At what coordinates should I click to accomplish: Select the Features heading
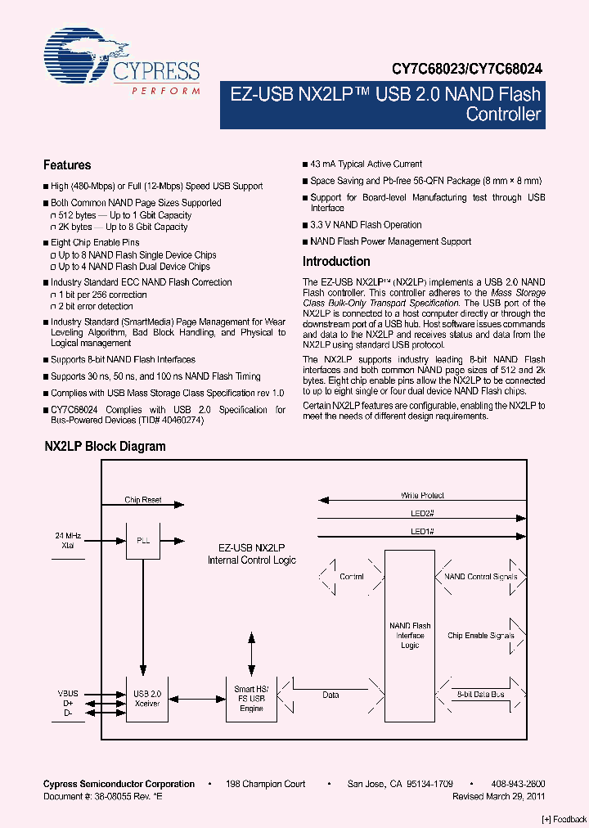click(x=67, y=165)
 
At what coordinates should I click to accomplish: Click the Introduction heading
click(x=336, y=262)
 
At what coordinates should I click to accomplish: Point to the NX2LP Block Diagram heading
click(x=105, y=447)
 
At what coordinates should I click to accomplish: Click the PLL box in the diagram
click(x=143, y=542)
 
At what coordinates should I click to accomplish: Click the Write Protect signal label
click(x=422, y=496)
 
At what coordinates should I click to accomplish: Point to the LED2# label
click(x=422, y=514)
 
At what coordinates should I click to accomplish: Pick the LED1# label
click(x=422, y=532)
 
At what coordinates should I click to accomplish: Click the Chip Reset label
click(x=143, y=500)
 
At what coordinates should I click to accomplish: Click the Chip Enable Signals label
click(x=481, y=636)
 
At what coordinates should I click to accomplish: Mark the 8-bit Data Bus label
click(x=480, y=694)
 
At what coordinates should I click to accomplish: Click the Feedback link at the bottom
click(x=564, y=819)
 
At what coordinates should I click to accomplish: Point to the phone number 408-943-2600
click(x=518, y=784)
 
